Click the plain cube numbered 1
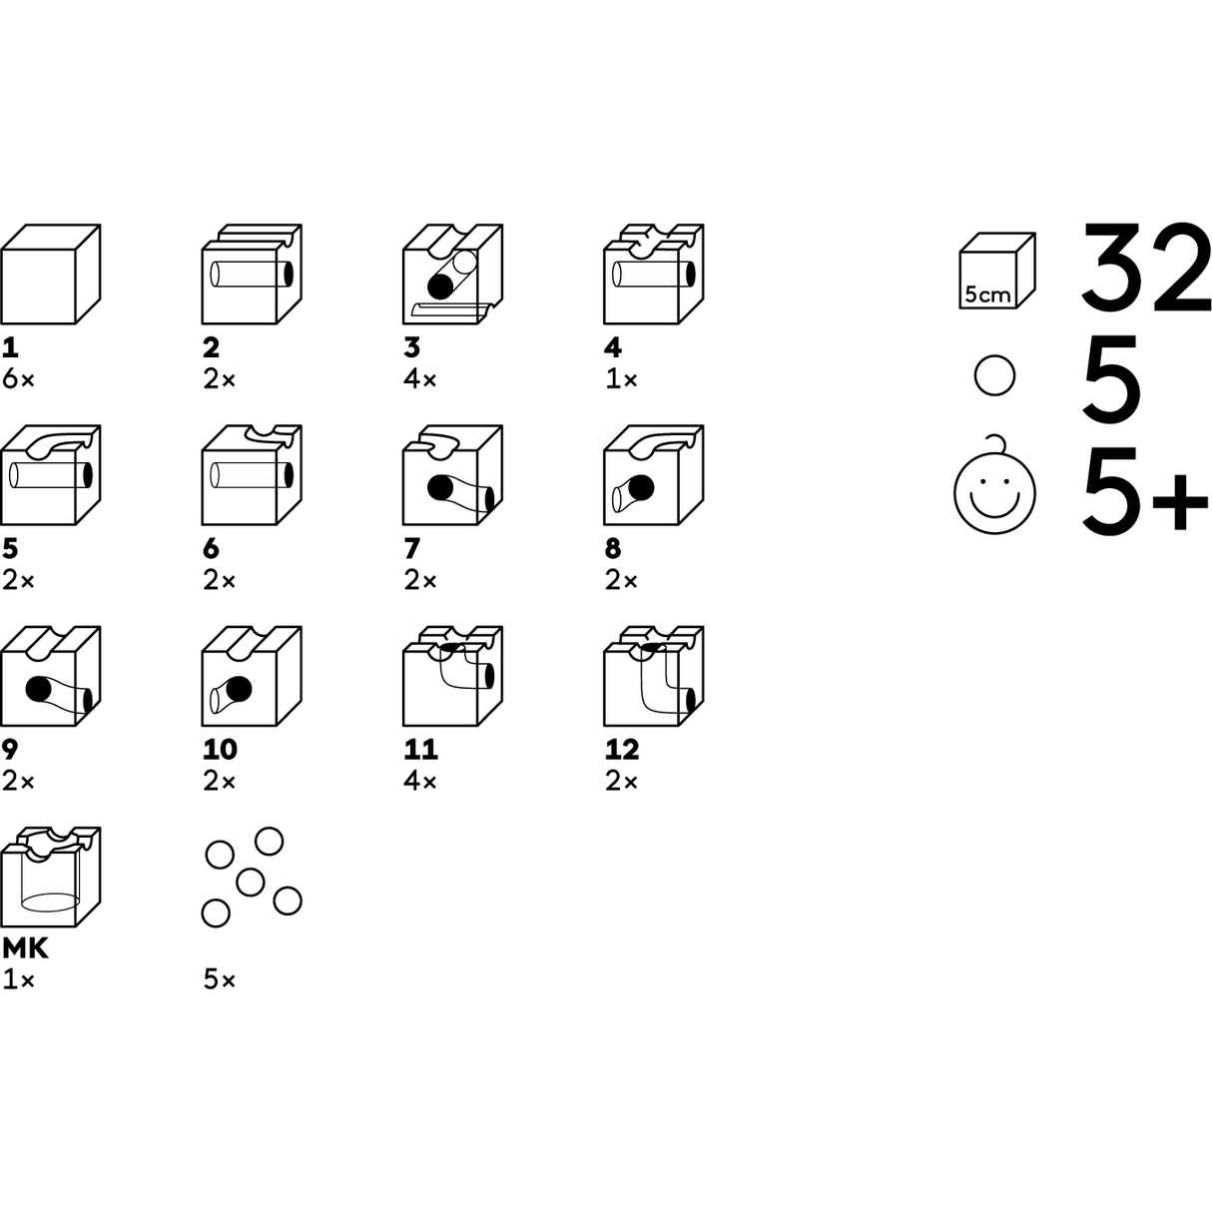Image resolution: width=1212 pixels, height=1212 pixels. [x=50, y=275]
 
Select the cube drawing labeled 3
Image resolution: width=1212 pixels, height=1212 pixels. [x=451, y=275]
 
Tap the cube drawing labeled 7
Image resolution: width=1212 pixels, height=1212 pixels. [x=451, y=476]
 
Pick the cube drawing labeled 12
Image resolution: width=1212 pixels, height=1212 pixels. [x=654, y=677]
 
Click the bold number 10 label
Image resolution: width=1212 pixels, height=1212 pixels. [x=221, y=749]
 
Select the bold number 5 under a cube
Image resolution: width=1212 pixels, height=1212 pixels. [x=11, y=548]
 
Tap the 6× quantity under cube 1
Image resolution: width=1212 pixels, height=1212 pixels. [x=18, y=379]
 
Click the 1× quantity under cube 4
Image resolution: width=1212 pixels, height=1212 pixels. [x=620, y=379]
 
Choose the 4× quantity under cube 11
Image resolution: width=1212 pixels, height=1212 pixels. [x=420, y=782]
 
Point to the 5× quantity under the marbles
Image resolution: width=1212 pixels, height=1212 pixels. [x=220, y=980]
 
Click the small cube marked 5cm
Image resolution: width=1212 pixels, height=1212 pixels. [x=996, y=272]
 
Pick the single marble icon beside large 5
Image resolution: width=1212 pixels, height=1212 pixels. [x=994, y=376]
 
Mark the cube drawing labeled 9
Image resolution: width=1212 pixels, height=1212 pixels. [x=50, y=677]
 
